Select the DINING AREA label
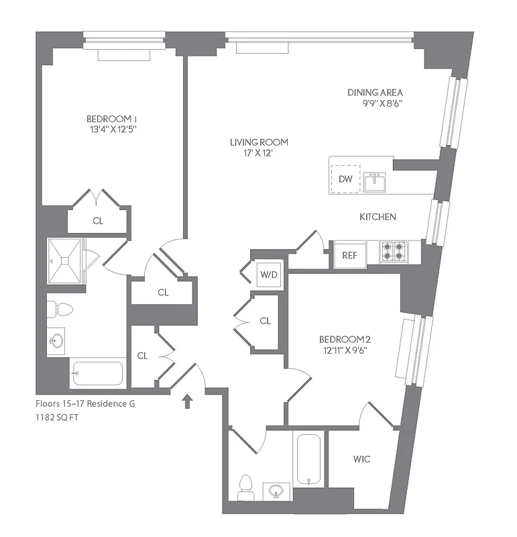point(375,92)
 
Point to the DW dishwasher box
point(345,179)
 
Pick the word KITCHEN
point(378,217)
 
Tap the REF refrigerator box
point(349,254)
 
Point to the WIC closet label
point(361,459)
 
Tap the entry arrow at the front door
point(188,401)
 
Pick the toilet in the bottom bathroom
point(245,487)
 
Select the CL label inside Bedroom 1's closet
point(98,221)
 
